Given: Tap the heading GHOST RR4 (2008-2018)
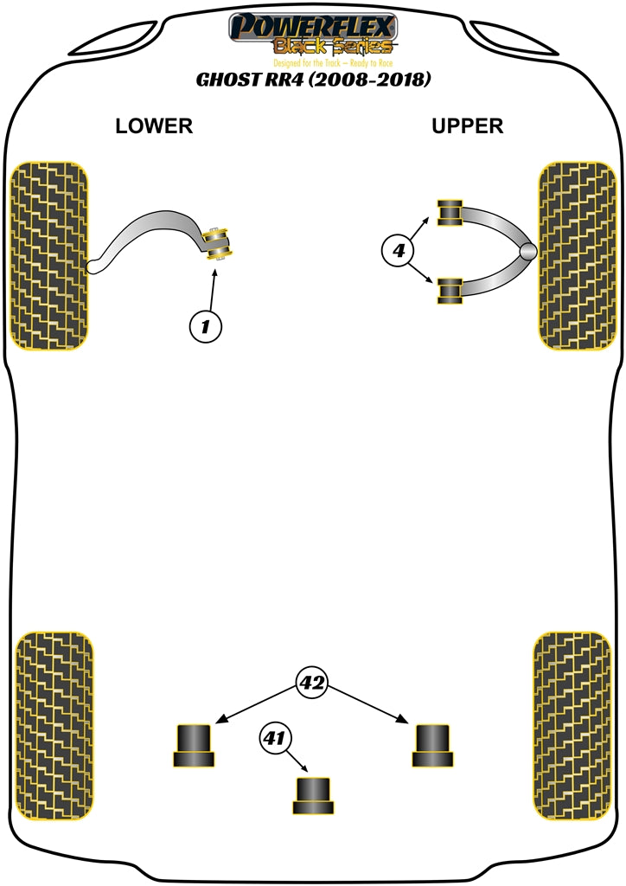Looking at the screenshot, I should [x=313, y=80].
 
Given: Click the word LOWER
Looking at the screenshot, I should [x=154, y=126].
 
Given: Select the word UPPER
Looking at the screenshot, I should [x=467, y=126].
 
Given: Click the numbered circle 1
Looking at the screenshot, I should [x=205, y=327].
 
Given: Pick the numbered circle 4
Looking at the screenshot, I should [x=398, y=252].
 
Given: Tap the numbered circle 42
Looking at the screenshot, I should [x=312, y=683].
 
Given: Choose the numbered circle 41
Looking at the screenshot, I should [x=275, y=739].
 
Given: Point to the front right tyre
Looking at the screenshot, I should [x=576, y=255].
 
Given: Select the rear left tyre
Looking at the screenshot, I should [x=54, y=727].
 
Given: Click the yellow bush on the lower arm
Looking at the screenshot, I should [x=217, y=243].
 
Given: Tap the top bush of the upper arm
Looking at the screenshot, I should [x=450, y=213].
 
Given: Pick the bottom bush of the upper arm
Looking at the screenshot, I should [x=450, y=291].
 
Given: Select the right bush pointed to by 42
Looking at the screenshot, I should [x=432, y=744].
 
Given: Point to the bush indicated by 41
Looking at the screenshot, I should [x=313, y=795].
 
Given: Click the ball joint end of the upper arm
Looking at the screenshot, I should [x=527, y=252].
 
